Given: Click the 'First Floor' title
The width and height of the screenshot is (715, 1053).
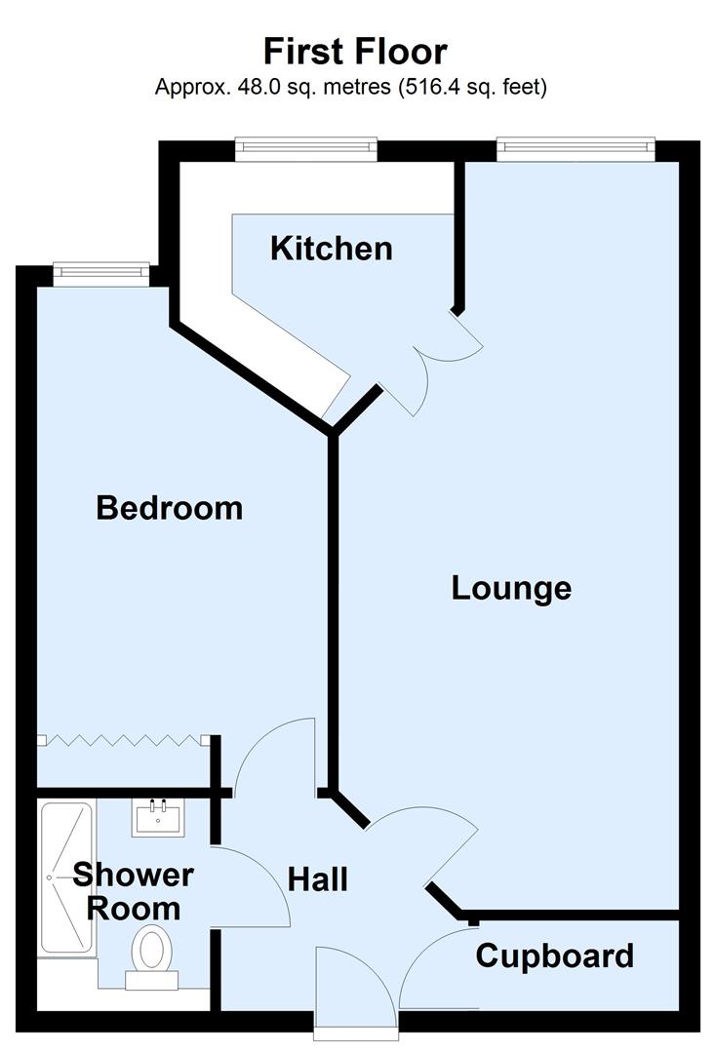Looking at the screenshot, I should [355, 50].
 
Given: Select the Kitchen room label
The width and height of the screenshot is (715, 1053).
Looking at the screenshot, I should [332, 249].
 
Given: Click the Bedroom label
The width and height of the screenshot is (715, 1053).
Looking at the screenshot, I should [169, 508].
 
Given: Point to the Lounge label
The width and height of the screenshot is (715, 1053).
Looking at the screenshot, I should [511, 588].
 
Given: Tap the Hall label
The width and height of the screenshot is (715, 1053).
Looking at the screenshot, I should [318, 879].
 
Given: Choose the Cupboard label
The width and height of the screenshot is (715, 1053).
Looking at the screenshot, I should [554, 955].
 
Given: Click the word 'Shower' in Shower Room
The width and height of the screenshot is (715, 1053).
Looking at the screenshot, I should [134, 874].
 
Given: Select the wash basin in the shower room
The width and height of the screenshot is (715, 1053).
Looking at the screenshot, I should [157, 817].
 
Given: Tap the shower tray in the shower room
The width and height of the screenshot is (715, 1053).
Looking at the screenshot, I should [66, 877].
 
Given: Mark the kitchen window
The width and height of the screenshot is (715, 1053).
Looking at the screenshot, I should [305, 147].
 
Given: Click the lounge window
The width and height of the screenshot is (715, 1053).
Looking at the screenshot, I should [575, 147].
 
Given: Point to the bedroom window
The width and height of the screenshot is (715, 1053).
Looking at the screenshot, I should [100, 273].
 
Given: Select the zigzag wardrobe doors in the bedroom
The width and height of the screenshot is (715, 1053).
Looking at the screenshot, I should [123, 741].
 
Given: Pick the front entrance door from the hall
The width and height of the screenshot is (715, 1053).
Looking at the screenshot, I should [356, 985].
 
